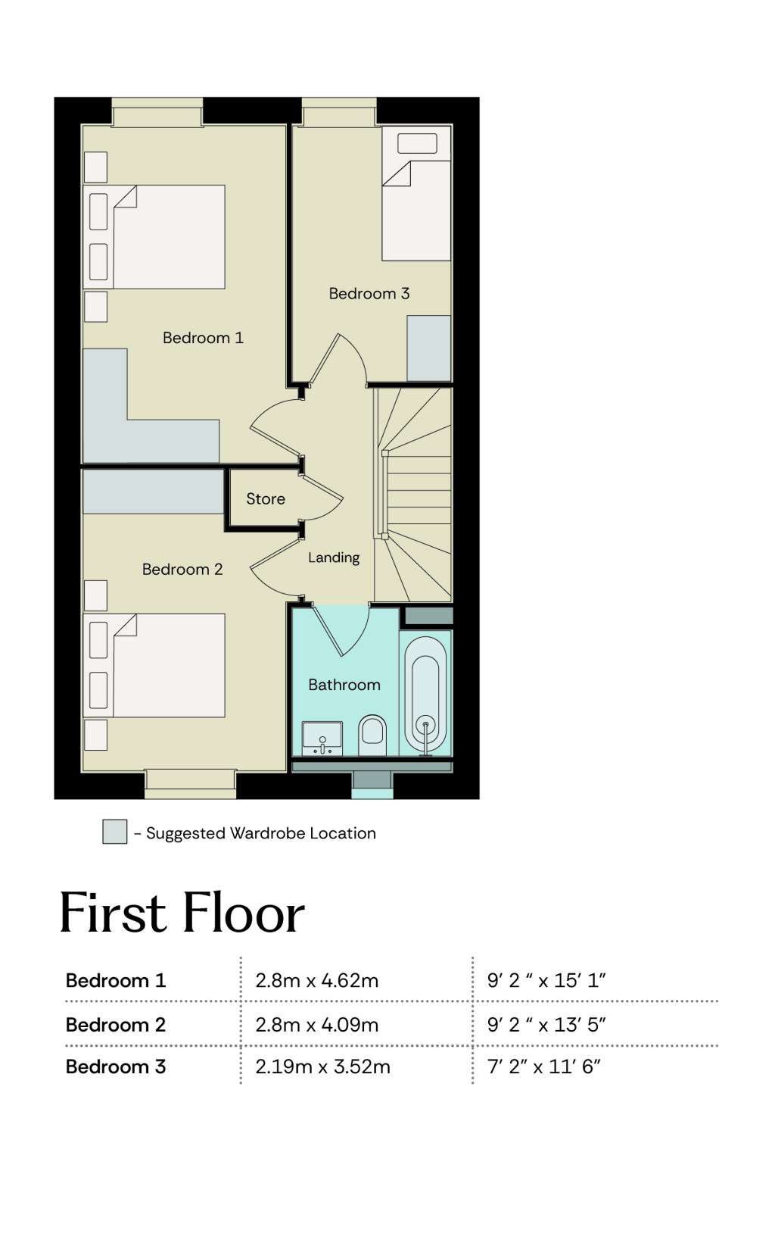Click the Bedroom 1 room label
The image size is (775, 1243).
203,337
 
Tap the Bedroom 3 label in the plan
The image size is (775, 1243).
369,293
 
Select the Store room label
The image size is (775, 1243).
266,498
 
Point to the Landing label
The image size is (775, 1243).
334,557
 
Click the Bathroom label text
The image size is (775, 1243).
344,684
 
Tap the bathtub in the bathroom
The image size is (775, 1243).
425,695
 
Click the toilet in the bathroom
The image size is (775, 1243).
372,735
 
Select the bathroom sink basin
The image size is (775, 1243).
322,739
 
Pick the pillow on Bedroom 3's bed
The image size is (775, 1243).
418,143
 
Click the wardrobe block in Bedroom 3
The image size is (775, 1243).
428,348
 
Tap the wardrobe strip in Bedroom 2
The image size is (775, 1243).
153,492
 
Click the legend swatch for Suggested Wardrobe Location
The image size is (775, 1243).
115,832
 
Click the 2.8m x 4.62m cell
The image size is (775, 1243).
316,980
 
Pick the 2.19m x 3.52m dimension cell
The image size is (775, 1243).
322,1067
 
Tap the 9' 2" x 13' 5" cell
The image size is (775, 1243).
546,1024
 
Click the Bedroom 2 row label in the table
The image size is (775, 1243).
116,1024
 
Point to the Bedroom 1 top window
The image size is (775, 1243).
157,112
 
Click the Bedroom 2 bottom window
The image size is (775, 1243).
191,783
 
